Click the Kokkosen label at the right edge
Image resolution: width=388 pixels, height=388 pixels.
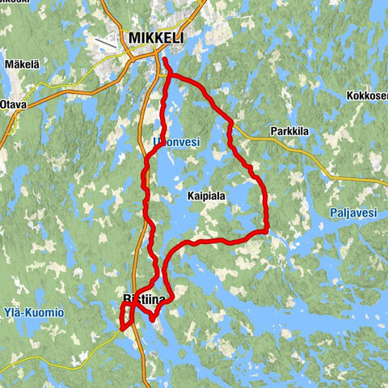(x=367, y=95)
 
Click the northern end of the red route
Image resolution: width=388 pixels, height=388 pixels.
(x=164, y=59)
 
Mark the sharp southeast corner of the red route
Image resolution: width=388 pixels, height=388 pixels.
(x=266, y=231)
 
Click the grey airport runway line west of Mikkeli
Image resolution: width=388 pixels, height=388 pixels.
(x=106, y=41)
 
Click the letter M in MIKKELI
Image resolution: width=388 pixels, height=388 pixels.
(x=133, y=38)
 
